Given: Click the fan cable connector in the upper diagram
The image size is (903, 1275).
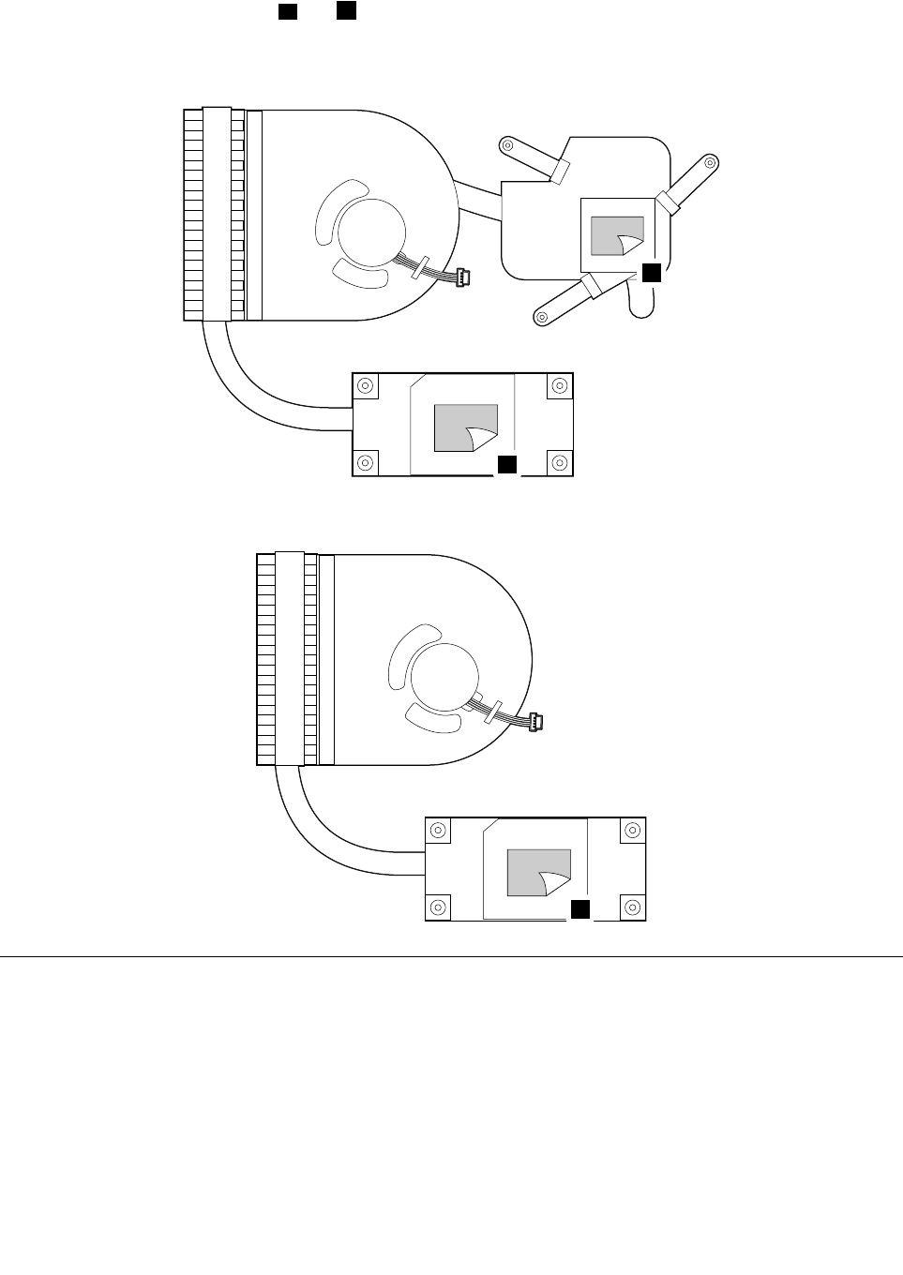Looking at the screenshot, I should point(462,277).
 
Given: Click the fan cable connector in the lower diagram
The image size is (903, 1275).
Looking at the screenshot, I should point(535,722).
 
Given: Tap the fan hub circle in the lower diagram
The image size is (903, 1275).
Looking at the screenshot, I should point(444,679).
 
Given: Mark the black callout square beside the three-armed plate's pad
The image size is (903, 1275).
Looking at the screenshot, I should point(652,273).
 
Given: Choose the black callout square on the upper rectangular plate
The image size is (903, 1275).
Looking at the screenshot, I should point(506,464).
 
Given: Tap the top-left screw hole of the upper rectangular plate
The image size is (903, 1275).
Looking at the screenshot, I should point(366,385).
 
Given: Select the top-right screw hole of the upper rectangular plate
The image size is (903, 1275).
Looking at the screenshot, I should point(559,385).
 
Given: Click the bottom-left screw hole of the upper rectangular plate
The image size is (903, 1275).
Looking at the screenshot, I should point(366,462).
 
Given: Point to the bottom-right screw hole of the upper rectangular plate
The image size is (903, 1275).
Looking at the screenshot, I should point(559,462).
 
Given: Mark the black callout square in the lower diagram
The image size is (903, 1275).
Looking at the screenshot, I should point(580,908).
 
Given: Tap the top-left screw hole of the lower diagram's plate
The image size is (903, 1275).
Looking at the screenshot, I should point(439,830).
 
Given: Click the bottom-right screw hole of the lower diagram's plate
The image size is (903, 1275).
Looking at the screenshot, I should point(632,907).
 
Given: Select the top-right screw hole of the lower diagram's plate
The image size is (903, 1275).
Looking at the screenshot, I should point(632,830).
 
